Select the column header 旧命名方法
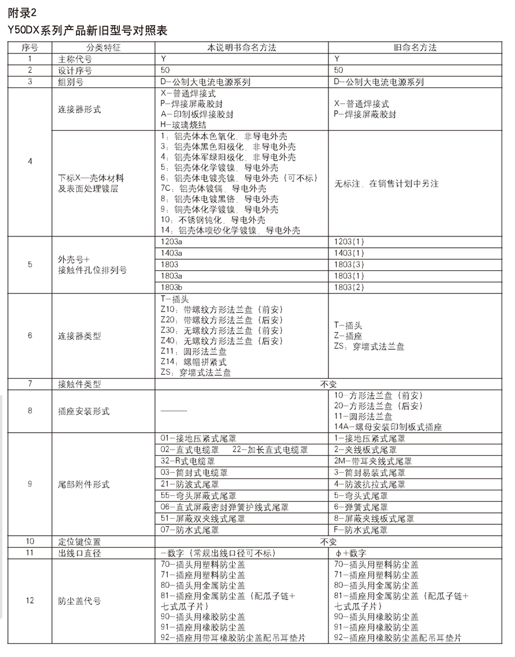[416, 47]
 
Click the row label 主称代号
[75, 59]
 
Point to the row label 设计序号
[75, 70]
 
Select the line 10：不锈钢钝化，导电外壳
[213, 219]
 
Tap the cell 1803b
[172, 287]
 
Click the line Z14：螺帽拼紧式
[194, 362]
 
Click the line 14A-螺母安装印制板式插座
[388, 427]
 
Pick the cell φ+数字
[350, 552]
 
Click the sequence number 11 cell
[30, 552]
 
